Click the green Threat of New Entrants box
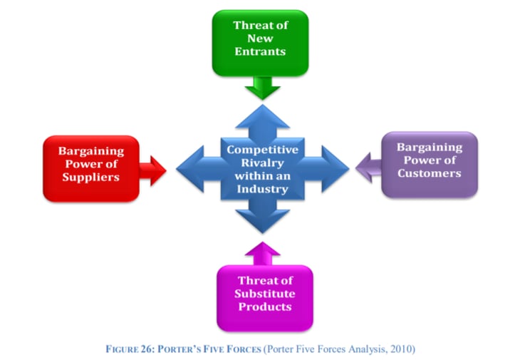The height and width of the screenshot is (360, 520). (x=260, y=43)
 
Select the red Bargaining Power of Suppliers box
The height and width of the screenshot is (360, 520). (x=91, y=168)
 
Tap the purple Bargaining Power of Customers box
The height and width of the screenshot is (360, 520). (x=430, y=165)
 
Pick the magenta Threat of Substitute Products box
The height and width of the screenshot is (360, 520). (x=265, y=298)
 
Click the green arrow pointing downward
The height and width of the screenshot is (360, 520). (x=263, y=88)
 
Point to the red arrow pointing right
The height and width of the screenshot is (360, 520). (x=153, y=170)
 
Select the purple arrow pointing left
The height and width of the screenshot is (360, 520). (x=368, y=168)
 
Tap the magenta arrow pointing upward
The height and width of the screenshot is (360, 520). (x=263, y=254)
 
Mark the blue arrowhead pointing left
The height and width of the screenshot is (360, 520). (x=190, y=169)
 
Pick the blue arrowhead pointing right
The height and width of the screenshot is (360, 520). (x=336, y=169)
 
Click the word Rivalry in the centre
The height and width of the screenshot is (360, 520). (x=262, y=163)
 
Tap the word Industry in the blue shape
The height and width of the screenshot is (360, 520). (x=262, y=189)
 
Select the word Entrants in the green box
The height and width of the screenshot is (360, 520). (x=260, y=51)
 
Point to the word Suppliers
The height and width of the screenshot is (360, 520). (x=91, y=178)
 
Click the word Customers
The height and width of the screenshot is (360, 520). (x=430, y=173)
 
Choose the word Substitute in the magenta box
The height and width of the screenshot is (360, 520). (x=265, y=294)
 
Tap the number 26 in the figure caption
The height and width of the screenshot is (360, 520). (x=146, y=349)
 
